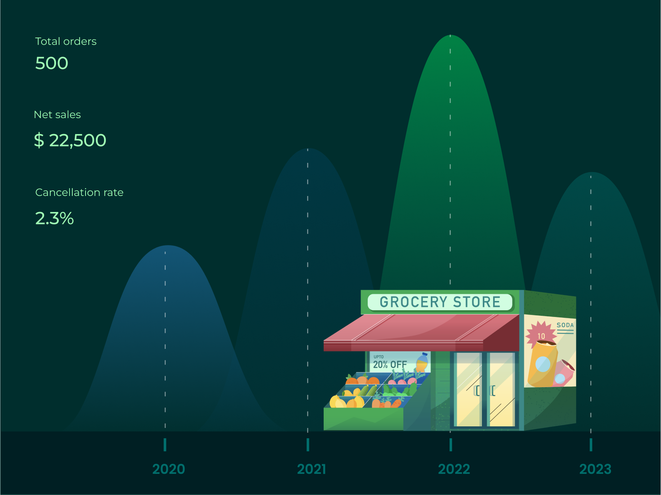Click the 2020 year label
tap(169, 469)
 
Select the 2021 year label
tap(311, 469)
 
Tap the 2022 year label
tap(454, 469)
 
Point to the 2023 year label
tap(595, 469)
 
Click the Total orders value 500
tap(52, 63)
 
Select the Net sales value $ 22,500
tap(70, 140)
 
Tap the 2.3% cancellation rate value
tap(54, 218)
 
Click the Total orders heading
tap(66, 42)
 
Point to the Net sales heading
tap(57, 115)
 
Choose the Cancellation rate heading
tap(79, 192)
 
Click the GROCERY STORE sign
tap(440, 302)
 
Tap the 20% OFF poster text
tap(390, 364)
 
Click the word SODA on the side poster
tap(565, 325)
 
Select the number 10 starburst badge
tap(541, 335)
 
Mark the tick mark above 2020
tap(165, 445)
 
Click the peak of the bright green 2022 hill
tap(450, 35)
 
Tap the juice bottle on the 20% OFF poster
tap(422, 362)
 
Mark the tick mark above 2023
tap(591, 445)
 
